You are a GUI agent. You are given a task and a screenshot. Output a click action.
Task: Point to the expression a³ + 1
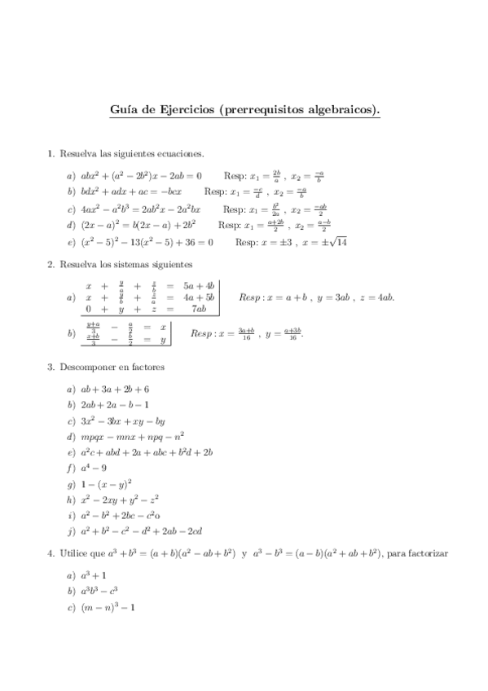pos(94,576)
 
